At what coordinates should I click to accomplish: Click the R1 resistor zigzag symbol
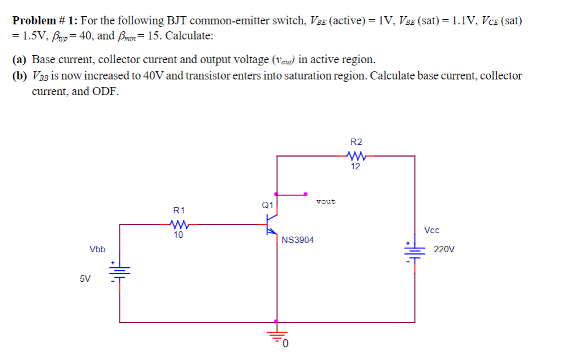point(178,224)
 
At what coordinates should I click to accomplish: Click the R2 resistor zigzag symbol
point(356,155)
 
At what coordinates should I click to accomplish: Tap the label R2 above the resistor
point(356,142)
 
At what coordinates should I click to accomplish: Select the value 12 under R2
point(356,166)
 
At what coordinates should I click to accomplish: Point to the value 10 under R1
point(178,235)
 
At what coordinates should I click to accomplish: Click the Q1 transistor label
point(267,205)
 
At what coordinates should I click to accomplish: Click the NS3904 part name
point(298,239)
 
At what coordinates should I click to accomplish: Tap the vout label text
point(325,201)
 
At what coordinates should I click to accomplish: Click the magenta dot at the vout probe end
point(305,194)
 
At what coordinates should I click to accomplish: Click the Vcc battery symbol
point(414,251)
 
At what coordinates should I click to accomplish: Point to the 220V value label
point(444,250)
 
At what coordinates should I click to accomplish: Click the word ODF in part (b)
point(105,92)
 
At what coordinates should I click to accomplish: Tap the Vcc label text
point(432,230)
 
